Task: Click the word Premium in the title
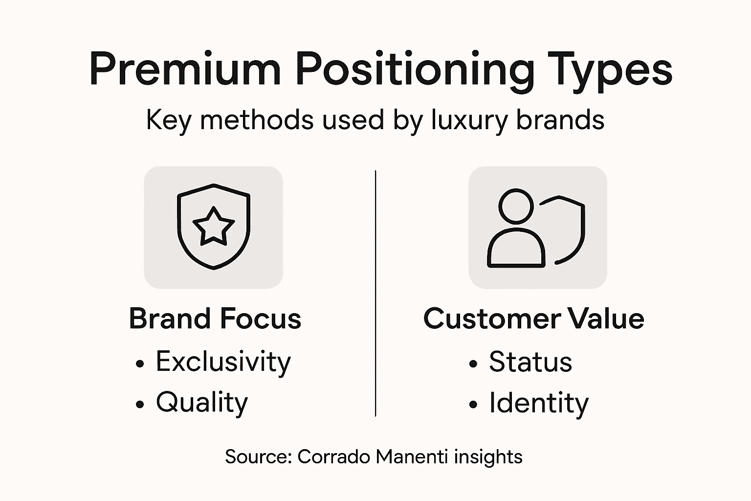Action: [x=185, y=69]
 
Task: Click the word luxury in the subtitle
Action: [x=470, y=119]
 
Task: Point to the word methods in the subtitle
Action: [x=257, y=119]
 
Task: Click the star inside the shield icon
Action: [x=214, y=226]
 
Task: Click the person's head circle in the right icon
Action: [x=516, y=206]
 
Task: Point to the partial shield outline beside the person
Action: [x=579, y=230]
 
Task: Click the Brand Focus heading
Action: [x=215, y=319]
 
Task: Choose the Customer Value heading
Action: [x=533, y=319]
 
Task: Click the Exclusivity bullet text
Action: [x=223, y=362]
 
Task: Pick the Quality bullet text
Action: [x=202, y=403]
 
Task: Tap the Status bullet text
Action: [x=530, y=362]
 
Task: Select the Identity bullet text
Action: [x=539, y=403]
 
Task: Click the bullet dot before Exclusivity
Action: [x=140, y=364]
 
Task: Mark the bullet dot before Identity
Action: [x=473, y=405]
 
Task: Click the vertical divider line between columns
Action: [x=375, y=294]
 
